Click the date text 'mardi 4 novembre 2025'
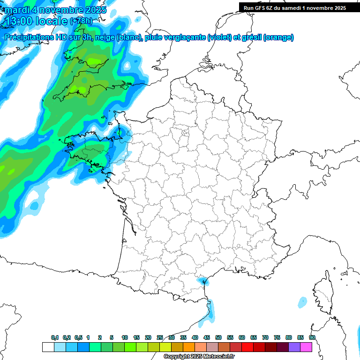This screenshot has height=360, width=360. [x=55, y=10]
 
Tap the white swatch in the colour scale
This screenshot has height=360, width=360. [x=48, y=347]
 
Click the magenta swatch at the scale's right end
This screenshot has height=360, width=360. [x=306, y=347]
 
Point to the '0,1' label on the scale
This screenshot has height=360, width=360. [x=55, y=338]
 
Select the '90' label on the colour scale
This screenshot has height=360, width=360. [x=312, y=338]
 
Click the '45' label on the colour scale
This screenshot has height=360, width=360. [x=207, y=338]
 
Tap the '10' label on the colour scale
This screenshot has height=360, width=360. [x=125, y=338]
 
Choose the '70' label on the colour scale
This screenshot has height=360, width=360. [x=265, y=338]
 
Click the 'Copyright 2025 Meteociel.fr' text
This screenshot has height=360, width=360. [x=199, y=356]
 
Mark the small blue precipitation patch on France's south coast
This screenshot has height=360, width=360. [x=203, y=281]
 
